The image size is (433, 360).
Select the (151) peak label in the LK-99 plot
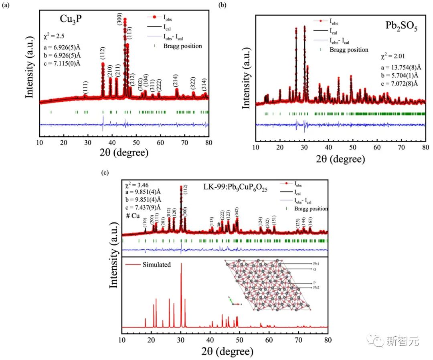tap(274, 220)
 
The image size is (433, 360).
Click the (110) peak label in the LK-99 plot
tap(145, 222)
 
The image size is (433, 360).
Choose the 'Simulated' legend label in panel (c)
tap(157, 265)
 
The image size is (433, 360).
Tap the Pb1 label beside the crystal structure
tap(317, 264)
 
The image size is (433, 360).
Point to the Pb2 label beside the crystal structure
tap(317, 287)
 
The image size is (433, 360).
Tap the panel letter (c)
tap(105, 173)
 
